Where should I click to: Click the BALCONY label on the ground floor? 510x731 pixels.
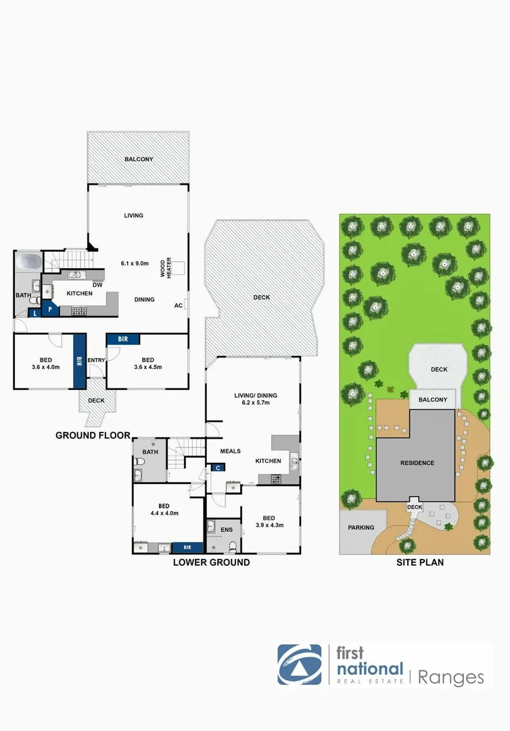(x=139, y=160)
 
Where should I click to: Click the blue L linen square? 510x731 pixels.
(x=34, y=313)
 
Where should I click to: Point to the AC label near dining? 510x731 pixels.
(x=179, y=306)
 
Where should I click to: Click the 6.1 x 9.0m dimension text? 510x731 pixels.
(x=136, y=263)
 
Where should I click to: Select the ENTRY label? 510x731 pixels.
(x=96, y=360)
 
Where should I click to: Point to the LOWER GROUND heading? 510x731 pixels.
(x=211, y=562)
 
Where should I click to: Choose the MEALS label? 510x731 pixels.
(x=231, y=451)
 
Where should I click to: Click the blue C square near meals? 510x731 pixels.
(x=218, y=467)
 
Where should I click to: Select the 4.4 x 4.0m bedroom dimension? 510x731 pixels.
(x=164, y=514)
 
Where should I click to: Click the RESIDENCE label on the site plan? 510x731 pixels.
(x=417, y=463)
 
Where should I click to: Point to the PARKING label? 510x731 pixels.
(x=361, y=527)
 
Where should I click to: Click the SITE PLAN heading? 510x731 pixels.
(x=419, y=562)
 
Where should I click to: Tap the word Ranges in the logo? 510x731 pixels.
(x=451, y=678)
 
